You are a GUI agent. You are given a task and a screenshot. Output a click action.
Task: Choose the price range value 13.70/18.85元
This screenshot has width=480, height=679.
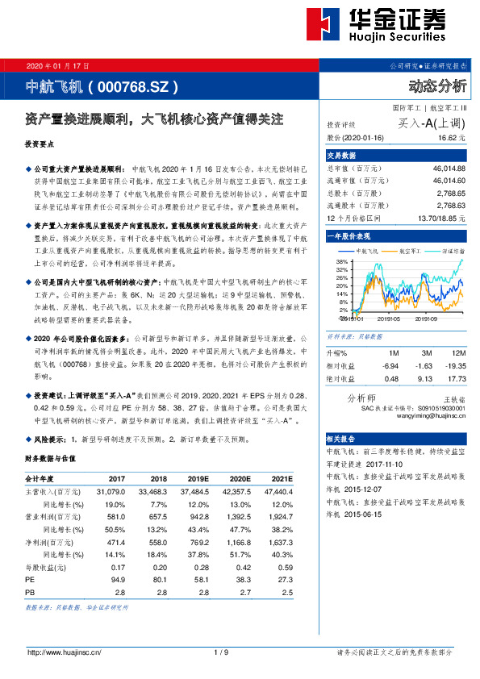click(439, 218)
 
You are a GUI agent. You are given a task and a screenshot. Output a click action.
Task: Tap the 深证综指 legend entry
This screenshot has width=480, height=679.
click(447, 252)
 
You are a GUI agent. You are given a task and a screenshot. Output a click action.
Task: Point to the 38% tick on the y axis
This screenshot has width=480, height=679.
click(341, 263)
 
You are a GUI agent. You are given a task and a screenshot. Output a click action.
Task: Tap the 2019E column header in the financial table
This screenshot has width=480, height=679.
click(193, 477)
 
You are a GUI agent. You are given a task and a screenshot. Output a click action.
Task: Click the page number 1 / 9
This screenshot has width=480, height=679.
click(221, 652)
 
